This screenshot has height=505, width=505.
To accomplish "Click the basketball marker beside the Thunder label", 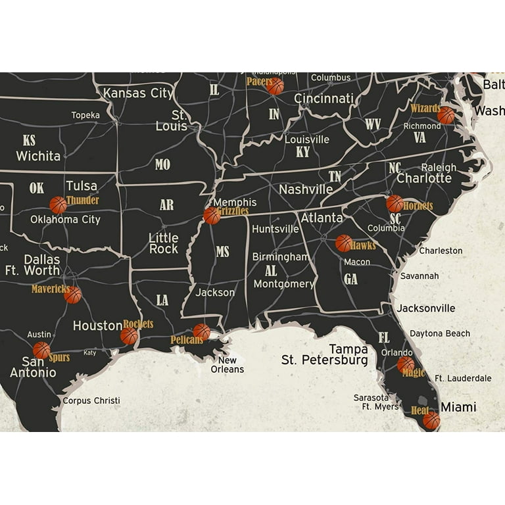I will click(58, 205).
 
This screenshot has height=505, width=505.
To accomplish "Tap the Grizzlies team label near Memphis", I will click(233, 211).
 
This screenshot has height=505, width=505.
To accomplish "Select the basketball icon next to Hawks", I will click(344, 243).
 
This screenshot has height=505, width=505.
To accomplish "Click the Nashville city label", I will click(306, 189).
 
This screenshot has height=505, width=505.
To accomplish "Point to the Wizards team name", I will click(425, 108).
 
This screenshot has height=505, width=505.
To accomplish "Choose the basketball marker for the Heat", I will click(431, 420).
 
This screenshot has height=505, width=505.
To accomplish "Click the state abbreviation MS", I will click(223, 252).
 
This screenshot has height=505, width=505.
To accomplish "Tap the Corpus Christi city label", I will click(91, 400).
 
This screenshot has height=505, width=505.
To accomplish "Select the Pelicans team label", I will click(187, 340).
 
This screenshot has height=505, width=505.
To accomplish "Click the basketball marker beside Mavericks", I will click(73, 295).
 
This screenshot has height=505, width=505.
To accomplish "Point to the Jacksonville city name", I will click(425, 308).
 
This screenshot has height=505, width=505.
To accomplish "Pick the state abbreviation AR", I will click(166, 205).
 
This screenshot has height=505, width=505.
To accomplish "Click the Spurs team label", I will click(59, 358).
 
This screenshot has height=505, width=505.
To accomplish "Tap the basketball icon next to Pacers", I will click(276, 86).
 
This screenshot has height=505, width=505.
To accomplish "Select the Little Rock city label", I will click(163, 243).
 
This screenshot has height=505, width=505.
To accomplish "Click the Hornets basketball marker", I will click(395, 203).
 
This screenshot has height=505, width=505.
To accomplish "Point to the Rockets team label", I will click(138, 324).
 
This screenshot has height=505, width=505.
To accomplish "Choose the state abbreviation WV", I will click(373, 124).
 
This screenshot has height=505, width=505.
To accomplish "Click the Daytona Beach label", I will click(440, 333).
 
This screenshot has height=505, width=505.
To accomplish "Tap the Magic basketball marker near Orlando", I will click(406, 364).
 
